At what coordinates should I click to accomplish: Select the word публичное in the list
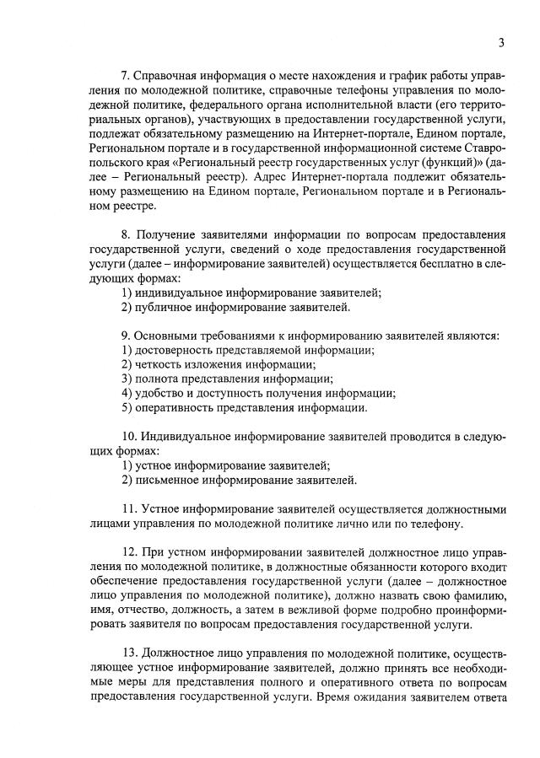164,308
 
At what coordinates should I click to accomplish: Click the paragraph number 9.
125,336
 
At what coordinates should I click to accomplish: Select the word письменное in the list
168,481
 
